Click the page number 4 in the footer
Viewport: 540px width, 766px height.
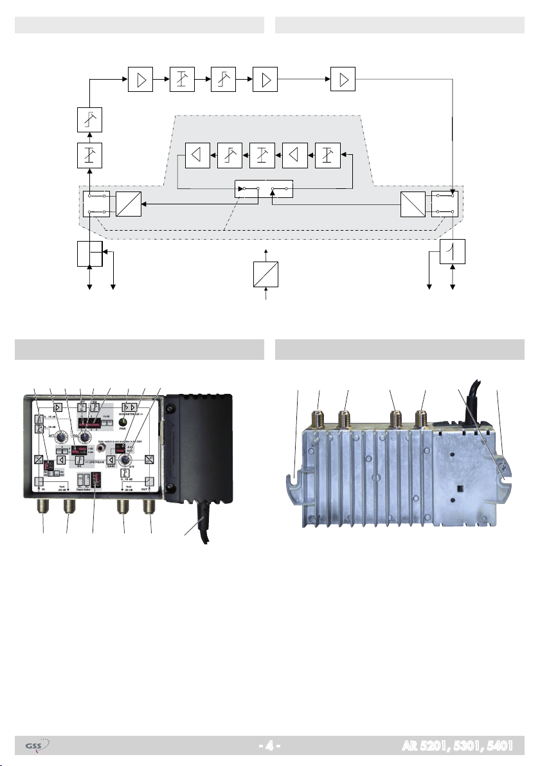click(x=270, y=747)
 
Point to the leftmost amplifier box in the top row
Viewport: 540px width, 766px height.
click(x=139, y=79)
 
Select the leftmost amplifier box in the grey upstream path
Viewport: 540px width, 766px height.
click(x=197, y=155)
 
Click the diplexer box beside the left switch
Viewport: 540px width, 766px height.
click(x=128, y=203)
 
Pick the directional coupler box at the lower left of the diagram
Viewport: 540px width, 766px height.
click(x=90, y=254)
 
